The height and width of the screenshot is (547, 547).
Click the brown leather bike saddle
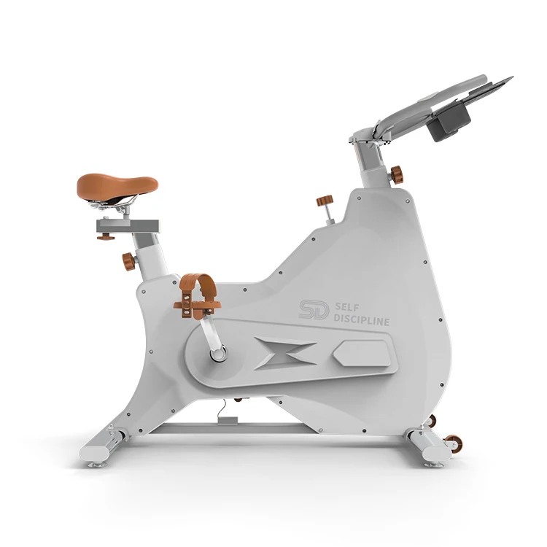(117, 187)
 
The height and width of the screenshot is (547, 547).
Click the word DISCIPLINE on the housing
(362, 320)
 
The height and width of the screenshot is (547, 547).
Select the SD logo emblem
(314, 309)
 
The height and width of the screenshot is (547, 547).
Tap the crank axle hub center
(217, 354)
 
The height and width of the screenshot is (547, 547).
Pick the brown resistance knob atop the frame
(325, 201)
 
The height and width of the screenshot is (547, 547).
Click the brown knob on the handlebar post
(397, 174)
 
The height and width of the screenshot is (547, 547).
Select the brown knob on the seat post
(128, 262)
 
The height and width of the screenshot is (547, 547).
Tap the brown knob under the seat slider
(106, 237)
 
